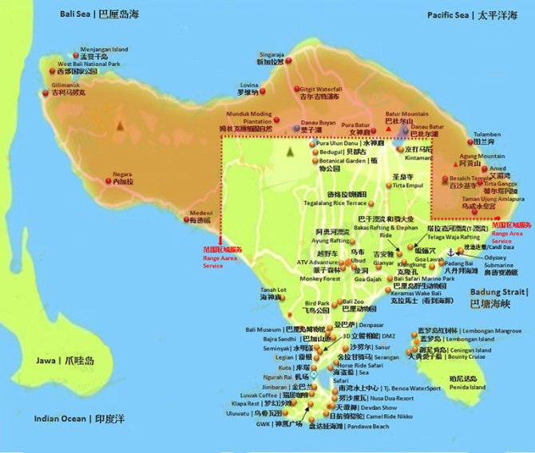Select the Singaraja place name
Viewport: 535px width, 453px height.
point(269,50)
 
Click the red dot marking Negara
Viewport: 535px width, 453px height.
point(110,183)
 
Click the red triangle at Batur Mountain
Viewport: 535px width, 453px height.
point(388,128)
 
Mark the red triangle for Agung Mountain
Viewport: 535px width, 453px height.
point(461,163)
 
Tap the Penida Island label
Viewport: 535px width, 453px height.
point(467,388)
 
